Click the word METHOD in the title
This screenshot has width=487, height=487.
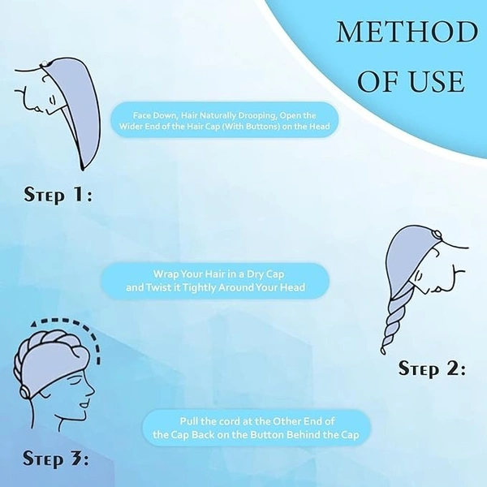pyautogui.click(x=407, y=32)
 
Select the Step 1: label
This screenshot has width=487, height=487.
pyautogui.click(x=58, y=196)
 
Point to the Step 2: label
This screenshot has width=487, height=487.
pyautogui.click(x=432, y=369)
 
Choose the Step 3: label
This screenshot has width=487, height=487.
pyautogui.click(x=55, y=458)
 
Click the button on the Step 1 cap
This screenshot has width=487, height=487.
pyautogui.click(x=45, y=63)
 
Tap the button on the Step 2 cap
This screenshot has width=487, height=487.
pyautogui.click(x=436, y=233)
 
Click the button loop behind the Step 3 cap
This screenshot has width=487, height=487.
pyautogui.click(x=24, y=393)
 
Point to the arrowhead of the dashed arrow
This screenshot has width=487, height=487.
pyautogui.click(x=34, y=324)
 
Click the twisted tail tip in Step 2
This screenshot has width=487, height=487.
pyautogui.click(x=384, y=351)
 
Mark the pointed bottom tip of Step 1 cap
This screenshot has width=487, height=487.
pyautogui.click(x=82, y=169)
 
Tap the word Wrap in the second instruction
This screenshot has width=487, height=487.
pyautogui.click(x=166, y=275)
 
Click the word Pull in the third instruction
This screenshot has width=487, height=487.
pyautogui.click(x=189, y=421)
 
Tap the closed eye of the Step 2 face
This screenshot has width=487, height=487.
pyautogui.click(x=420, y=275)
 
